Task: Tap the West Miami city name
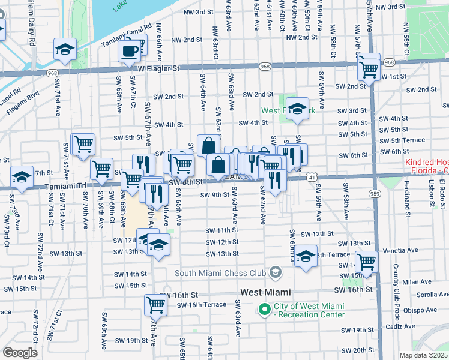[x=265, y=292]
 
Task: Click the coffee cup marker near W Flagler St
[x=131, y=51]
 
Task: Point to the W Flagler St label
[x=158, y=69]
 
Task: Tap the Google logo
[x=20, y=353]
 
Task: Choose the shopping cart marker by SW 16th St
[x=156, y=304]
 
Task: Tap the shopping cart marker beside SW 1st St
[x=368, y=67]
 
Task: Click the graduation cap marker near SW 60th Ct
[x=306, y=255]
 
